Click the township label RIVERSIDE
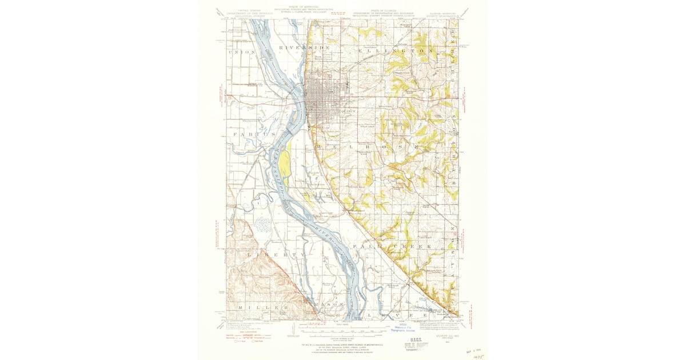point(304,46)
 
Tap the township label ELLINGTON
point(394,51)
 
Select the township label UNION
point(241,53)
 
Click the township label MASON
point(329,305)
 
